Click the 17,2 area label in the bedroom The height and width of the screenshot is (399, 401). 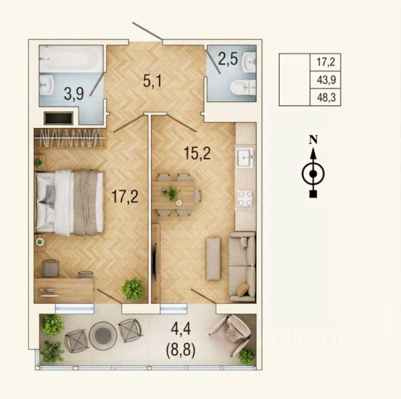pos(125,197)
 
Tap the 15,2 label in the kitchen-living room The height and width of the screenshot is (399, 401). pos(197,154)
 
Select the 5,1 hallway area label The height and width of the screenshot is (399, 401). pos(152,81)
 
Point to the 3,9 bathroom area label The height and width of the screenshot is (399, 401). pos(74,93)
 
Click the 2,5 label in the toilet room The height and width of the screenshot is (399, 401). pos(228,59)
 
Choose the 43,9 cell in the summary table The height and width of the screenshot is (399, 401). pos(326,80)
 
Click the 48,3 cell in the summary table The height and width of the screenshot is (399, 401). pos(326,97)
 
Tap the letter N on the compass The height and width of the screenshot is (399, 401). pos(313,140)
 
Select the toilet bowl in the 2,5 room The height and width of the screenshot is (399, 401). pos(243,88)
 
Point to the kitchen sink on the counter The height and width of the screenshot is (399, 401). pos(245,157)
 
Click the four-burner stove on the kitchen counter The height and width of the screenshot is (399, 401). pos(245,198)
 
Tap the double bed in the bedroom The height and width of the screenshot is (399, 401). pos(70,202)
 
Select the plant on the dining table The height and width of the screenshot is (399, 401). pos(170,194)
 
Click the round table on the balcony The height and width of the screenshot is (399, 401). pos(103,334)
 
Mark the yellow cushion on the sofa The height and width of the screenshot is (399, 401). pos(243,289)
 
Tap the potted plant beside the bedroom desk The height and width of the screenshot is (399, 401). pos(133,289)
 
